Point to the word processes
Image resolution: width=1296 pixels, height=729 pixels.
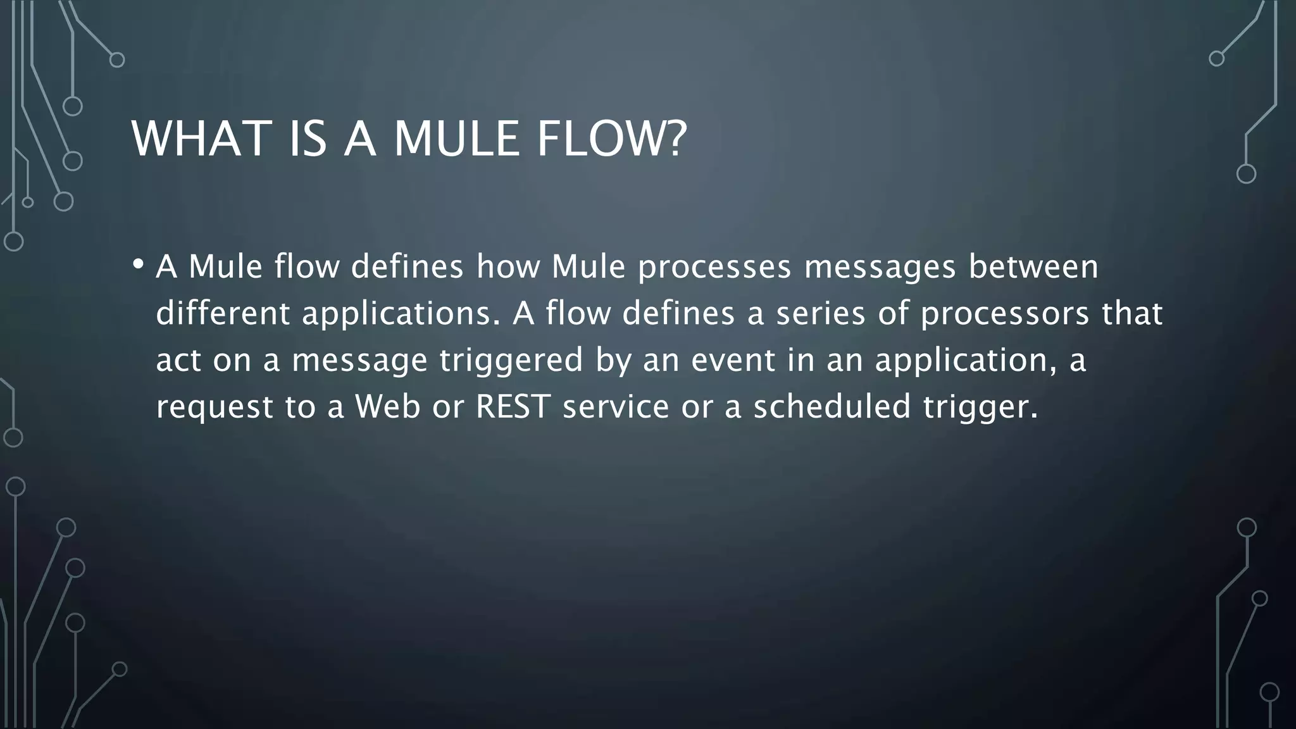click(x=714, y=267)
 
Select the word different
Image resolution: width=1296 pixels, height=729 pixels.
click(x=223, y=313)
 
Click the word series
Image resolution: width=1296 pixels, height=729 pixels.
click(x=820, y=313)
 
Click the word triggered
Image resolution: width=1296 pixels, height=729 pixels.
click(x=511, y=361)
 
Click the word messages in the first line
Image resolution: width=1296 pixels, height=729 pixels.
click(x=880, y=267)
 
